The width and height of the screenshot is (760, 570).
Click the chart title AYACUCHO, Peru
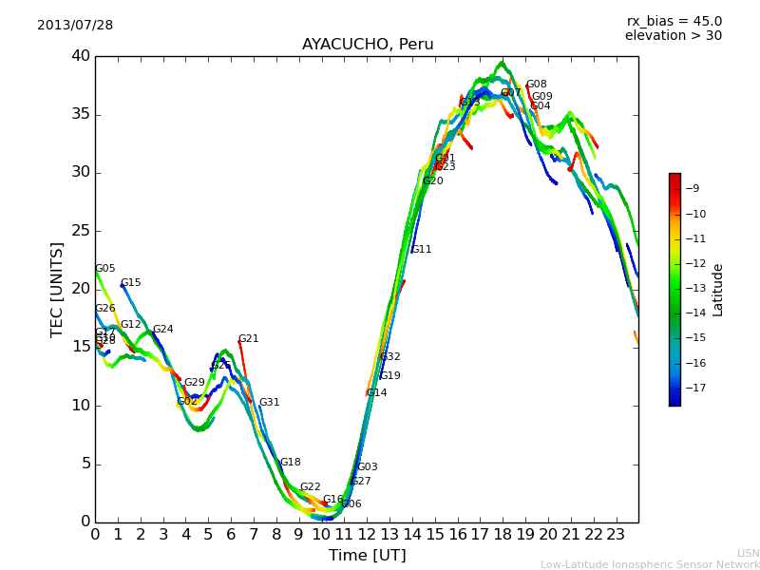click(368, 45)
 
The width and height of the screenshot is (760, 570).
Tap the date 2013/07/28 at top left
click(75, 26)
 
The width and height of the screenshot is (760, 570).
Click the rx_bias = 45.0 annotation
click(674, 21)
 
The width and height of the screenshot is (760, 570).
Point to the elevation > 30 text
click(674, 36)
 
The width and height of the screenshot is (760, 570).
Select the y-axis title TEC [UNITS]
click(58, 289)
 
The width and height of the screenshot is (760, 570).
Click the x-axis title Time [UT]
click(367, 555)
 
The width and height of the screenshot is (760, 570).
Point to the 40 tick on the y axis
click(80, 56)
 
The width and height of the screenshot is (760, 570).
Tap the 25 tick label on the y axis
click(80, 231)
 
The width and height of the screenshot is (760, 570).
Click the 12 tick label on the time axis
click(367, 534)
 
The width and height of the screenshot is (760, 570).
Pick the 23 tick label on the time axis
click(616, 534)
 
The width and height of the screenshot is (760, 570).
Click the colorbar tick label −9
click(693, 188)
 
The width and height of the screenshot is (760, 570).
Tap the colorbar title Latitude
click(718, 290)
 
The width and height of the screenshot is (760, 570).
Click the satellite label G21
click(248, 339)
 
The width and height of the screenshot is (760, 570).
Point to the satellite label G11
click(421, 250)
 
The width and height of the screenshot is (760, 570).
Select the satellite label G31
click(269, 403)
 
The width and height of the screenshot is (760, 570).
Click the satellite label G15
click(130, 283)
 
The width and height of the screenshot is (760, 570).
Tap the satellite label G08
click(536, 85)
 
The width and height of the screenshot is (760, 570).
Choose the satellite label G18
click(290, 463)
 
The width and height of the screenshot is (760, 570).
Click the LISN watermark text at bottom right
click(748, 553)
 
